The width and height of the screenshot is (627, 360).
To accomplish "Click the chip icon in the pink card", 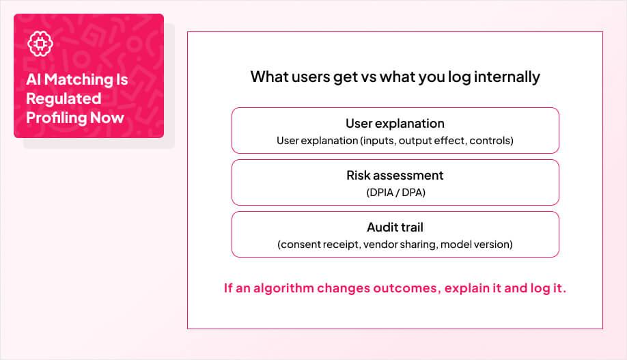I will pos(40,44).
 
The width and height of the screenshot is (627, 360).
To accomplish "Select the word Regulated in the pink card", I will pos(64,98).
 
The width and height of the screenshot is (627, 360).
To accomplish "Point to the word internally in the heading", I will pos(505,77).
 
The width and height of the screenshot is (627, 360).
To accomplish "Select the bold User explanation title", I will pos(395,124).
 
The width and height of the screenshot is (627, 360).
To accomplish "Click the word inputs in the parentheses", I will pos(378,141).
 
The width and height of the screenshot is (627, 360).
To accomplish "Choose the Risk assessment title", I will pos(395,176).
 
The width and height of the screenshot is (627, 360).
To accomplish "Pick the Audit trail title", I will pos(395,227).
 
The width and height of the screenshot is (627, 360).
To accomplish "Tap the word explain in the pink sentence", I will pos(466,288).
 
